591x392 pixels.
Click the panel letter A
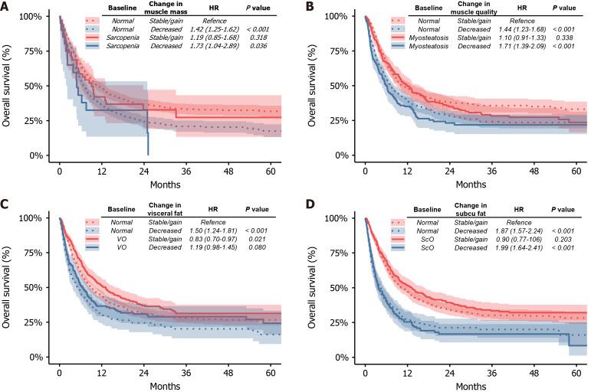(6, 6)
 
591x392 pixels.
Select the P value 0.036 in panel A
(264, 47)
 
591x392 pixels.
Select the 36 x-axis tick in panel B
(494, 170)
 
